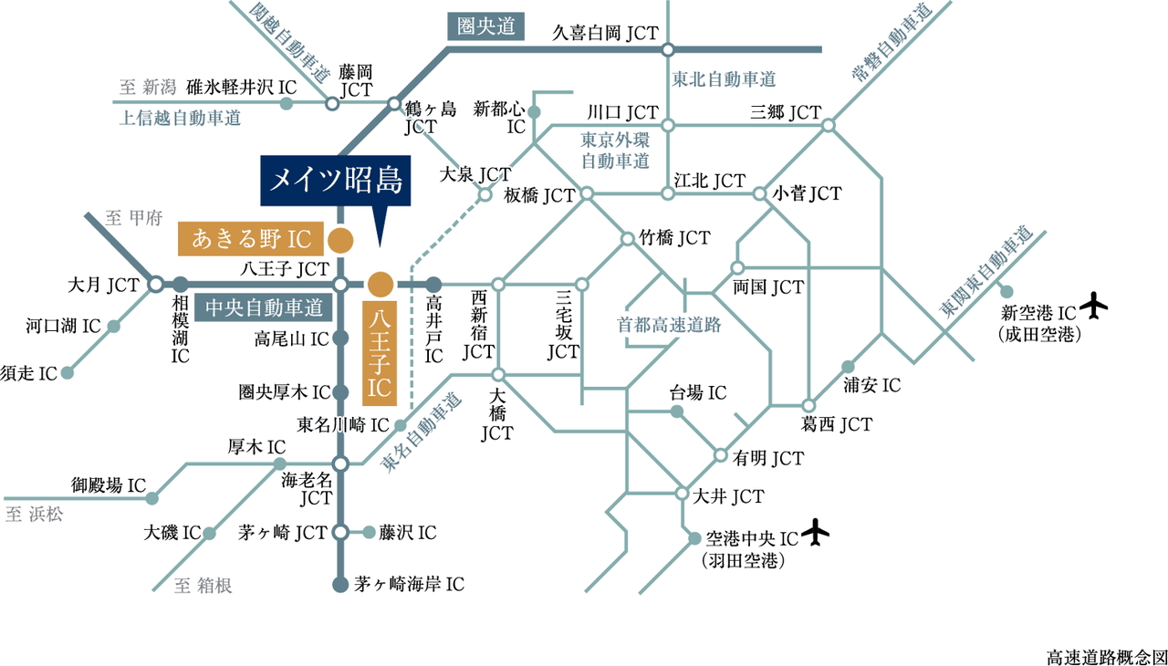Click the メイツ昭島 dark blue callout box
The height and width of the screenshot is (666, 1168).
point(335,181)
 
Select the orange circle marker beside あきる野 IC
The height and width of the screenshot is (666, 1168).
point(340,241)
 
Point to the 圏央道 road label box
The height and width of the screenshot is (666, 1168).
point(486,27)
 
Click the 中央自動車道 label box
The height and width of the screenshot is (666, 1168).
point(265,307)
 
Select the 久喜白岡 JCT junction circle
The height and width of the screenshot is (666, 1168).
point(668,51)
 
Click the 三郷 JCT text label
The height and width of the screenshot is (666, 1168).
point(786,113)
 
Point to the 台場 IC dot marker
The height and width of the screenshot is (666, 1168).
point(676,412)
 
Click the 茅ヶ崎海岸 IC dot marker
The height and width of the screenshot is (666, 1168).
point(339,584)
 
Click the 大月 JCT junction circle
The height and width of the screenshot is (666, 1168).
point(156,285)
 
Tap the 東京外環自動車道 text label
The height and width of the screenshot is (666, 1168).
point(615,151)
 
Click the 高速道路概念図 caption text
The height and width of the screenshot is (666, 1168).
point(1107,656)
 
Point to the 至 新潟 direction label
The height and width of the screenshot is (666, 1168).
point(146,88)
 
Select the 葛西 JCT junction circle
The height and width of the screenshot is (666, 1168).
point(808,405)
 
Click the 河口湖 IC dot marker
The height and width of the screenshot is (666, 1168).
point(113,326)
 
